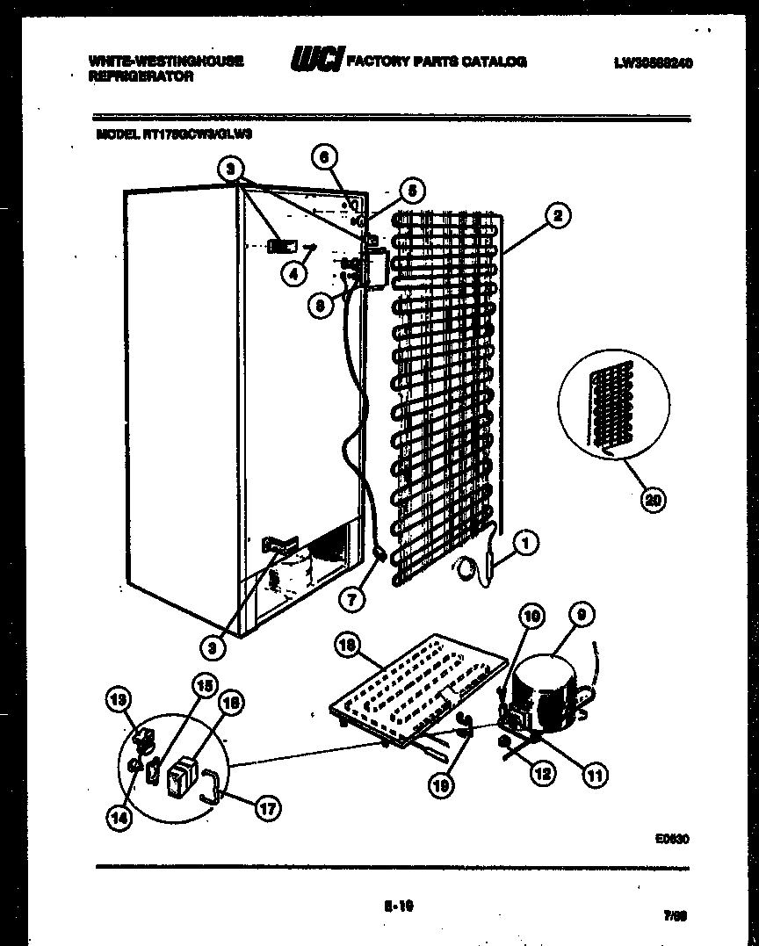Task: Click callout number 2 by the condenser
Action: tap(557, 214)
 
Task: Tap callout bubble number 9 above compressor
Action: tap(579, 617)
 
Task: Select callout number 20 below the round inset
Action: tap(652, 501)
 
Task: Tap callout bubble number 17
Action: tap(267, 809)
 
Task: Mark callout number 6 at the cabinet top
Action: tap(324, 157)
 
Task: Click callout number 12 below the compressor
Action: tap(543, 774)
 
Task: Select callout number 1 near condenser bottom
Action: tap(524, 544)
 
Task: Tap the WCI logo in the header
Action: tap(317, 61)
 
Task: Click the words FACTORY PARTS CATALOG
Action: tap(437, 61)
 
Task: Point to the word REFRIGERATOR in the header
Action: tap(141, 76)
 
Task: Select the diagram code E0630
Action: tap(671, 839)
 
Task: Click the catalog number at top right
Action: tap(654, 62)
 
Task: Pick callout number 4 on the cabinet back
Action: tap(293, 273)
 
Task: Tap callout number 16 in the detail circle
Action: tap(231, 702)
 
